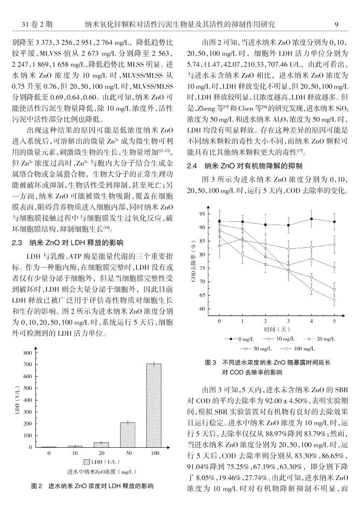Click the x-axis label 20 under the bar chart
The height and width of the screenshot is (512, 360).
coord(101,454)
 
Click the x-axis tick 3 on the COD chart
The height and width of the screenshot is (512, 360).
coord(288,321)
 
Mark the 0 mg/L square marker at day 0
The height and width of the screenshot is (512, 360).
coord(219,221)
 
